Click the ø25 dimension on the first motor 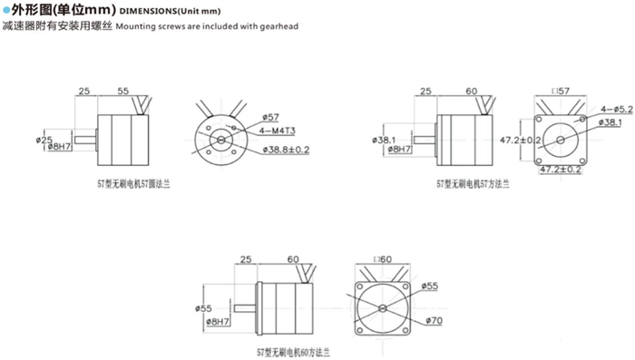[x=45, y=138]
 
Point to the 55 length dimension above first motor [x=124, y=92]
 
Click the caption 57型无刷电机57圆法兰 [x=137, y=184]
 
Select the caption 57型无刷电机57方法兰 [x=474, y=183]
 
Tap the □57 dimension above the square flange [x=559, y=92]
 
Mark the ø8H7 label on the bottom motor [x=219, y=322]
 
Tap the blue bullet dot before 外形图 [x=5, y=11]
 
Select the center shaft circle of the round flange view [x=219, y=139]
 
